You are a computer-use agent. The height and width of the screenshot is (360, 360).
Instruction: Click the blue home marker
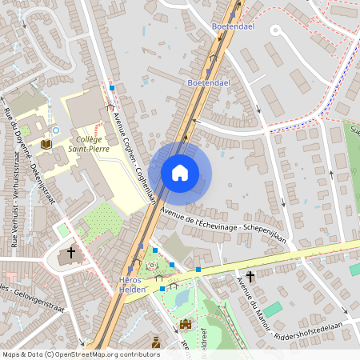click(180, 173)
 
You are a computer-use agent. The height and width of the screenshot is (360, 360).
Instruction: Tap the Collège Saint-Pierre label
click(89, 143)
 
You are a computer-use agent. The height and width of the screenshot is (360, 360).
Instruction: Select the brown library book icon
click(46, 144)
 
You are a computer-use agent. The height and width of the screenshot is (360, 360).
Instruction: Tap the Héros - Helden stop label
click(133, 284)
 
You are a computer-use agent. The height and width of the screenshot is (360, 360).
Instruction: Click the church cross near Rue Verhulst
click(70, 254)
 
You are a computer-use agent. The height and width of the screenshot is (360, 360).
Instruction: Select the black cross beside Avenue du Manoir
click(250, 277)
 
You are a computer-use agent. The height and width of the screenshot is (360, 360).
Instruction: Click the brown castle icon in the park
click(186, 324)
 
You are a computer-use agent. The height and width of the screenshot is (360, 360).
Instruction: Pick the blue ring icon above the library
click(55, 130)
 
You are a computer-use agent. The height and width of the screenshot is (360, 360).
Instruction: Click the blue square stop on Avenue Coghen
click(113, 88)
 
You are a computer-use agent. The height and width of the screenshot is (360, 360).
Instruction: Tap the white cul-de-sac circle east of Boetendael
click(275, 30)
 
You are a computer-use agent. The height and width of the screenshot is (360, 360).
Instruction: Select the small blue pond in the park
click(181, 298)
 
